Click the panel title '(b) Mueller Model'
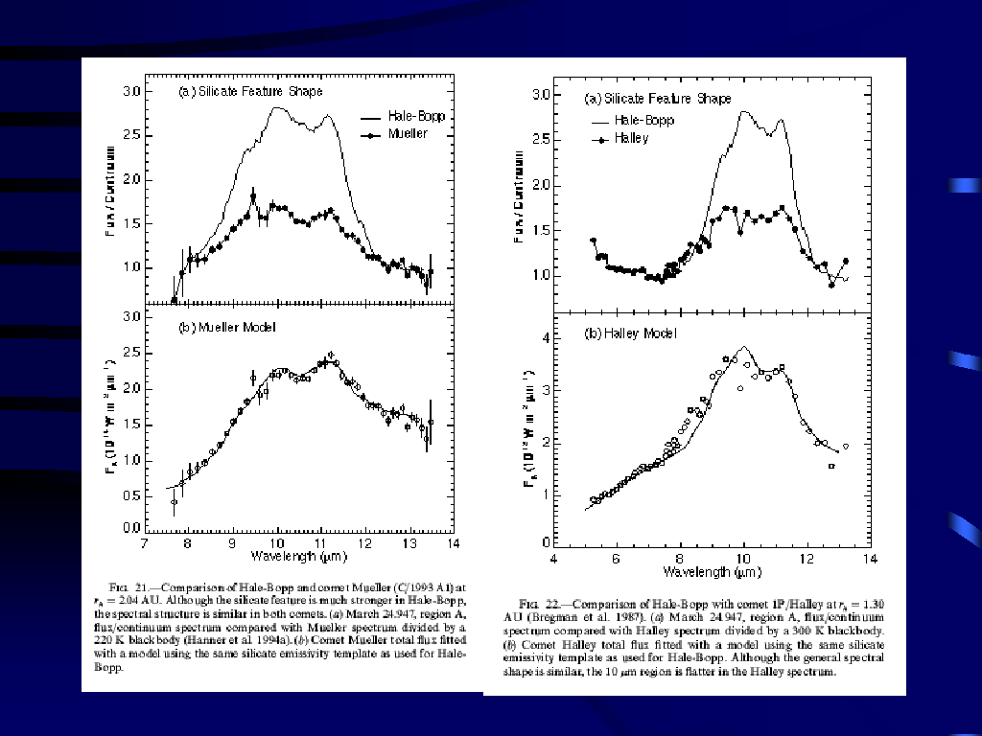pos(227,328)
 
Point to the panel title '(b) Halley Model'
pos(630,333)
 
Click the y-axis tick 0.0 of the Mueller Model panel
pos(129,528)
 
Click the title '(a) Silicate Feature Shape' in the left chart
pos(251,91)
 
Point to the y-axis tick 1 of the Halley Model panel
pos(543,493)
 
